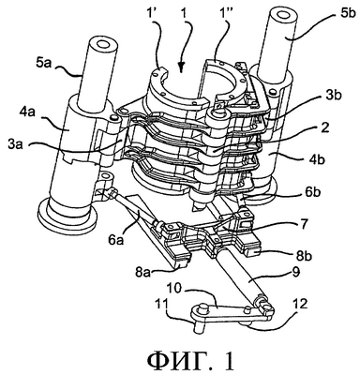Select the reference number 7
(304, 224)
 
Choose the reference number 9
(295, 272)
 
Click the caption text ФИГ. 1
(190, 361)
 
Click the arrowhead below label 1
(182, 67)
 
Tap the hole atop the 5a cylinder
(101, 44)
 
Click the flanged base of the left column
(67, 217)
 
